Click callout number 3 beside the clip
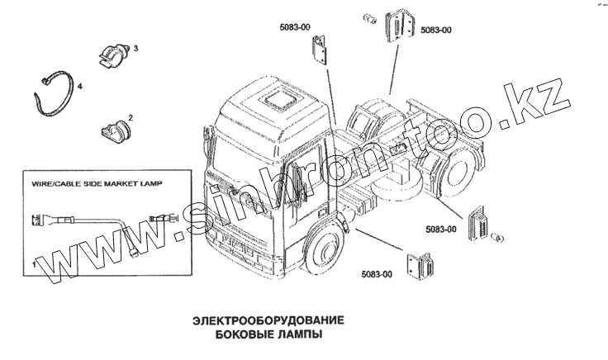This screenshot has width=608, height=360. click(x=135, y=49)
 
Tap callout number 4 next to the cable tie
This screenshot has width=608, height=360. click(x=79, y=86)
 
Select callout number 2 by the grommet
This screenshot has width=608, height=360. click(x=131, y=119)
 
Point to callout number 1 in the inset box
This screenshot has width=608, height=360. click(x=32, y=263)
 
